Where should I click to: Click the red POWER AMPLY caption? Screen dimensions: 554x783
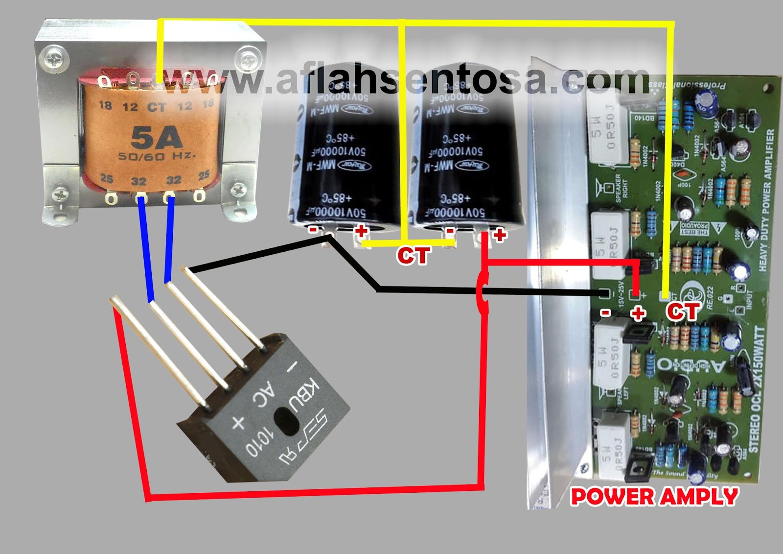point(654,497)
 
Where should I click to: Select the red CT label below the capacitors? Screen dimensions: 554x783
point(414,255)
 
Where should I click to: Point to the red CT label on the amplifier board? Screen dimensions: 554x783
point(682,312)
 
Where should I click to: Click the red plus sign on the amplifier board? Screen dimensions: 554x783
point(638,313)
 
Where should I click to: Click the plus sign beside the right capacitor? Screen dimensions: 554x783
point(500,236)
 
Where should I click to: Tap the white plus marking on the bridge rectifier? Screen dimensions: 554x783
point(238,422)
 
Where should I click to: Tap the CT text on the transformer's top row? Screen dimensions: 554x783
point(157,107)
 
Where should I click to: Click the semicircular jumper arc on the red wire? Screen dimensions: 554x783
point(481,292)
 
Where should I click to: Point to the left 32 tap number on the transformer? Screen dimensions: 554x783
point(138,181)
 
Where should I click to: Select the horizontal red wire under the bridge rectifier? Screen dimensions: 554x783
point(313,492)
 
